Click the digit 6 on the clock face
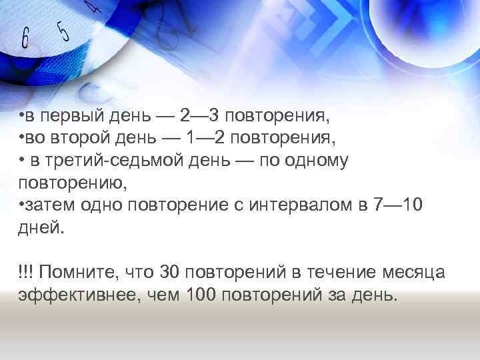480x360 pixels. tap(25, 38)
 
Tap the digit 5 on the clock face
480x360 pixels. tap(63, 31)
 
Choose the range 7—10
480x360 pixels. tap(398, 205)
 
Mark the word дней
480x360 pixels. tap(41, 227)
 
